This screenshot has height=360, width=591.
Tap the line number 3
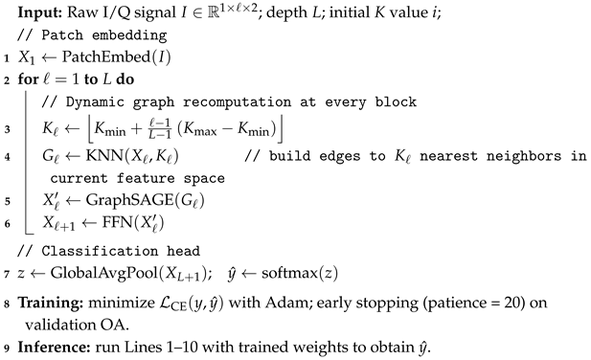coord(8,127)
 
